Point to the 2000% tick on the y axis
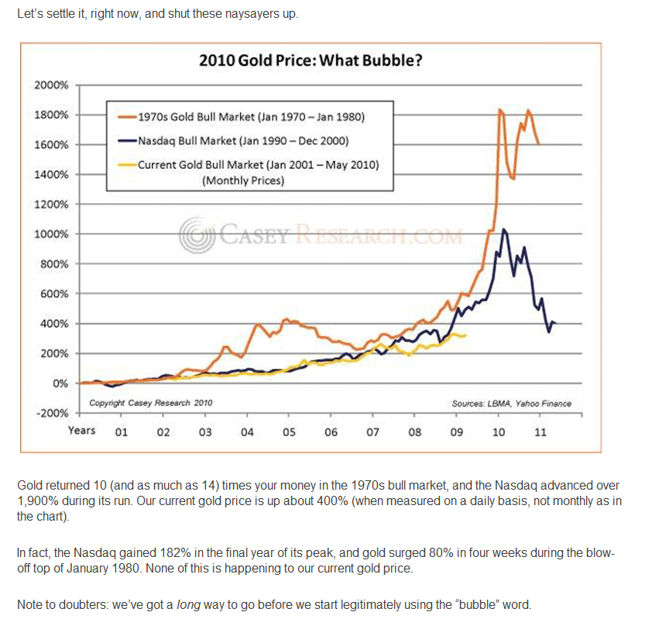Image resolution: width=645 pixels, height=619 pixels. [x=52, y=84]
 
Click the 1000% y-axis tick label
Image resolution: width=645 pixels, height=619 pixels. [x=52, y=234]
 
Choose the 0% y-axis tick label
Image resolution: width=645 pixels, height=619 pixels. [x=61, y=383]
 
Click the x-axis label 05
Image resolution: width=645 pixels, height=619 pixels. [x=289, y=432]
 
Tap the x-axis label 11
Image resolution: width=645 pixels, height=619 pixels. [x=540, y=432]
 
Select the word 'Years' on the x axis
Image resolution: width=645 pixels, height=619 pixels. [x=81, y=430]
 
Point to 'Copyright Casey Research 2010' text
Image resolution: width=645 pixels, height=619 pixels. [x=150, y=403]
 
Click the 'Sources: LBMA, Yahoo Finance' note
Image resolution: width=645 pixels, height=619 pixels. [x=510, y=403]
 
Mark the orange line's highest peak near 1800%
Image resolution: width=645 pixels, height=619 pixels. [x=500, y=110]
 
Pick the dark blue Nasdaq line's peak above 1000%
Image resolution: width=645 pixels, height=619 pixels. [x=504, y=229]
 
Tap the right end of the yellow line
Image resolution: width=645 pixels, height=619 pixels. [x=465, y=335]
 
